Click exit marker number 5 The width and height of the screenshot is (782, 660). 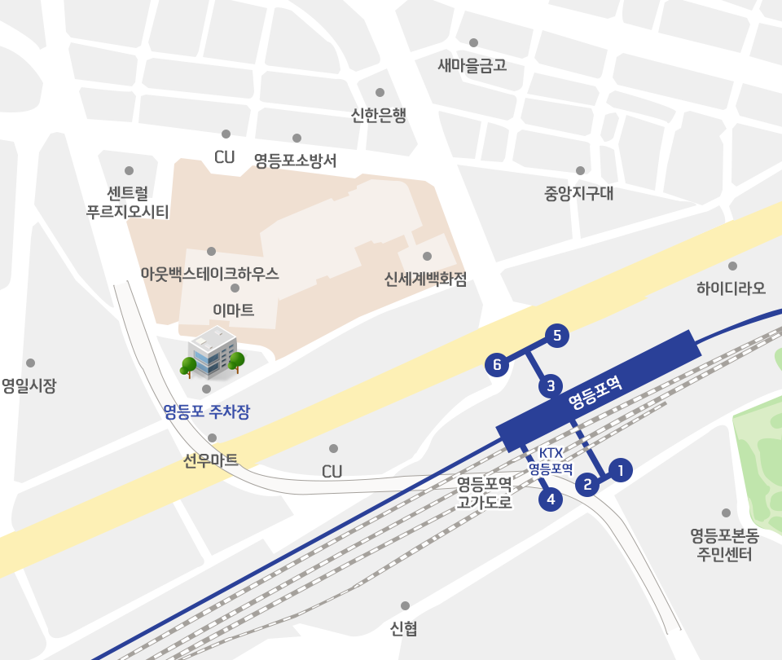(x=556, y=335)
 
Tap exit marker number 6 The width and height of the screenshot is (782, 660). (x=497, y=365)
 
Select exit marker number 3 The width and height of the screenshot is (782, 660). (x=551, y=385)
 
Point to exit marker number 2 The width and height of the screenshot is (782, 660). (x=587, y=485)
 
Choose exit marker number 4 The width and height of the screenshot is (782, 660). (x=551, y=499)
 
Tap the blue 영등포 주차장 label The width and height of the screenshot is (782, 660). (x=206, y=411)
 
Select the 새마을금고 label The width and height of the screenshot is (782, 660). (x=472, y=65)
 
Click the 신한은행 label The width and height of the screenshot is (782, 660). (x=378, y=116)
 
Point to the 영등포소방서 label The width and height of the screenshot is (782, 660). (x=295, y=160)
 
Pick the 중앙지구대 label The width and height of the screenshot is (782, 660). (x=579, y=194)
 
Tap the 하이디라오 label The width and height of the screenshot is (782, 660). (x=731, y=288)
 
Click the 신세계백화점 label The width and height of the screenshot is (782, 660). (x=426, y=279)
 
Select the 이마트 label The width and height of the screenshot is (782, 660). (x=234, y=310)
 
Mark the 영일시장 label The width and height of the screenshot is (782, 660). (x=29, y=385)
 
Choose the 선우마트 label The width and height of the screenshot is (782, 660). (x=211, y=460)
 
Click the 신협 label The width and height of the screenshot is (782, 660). (x=404, y=628)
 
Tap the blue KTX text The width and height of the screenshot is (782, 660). (x=551, y=453)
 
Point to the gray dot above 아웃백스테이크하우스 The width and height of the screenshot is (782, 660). (x=212, y=251)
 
